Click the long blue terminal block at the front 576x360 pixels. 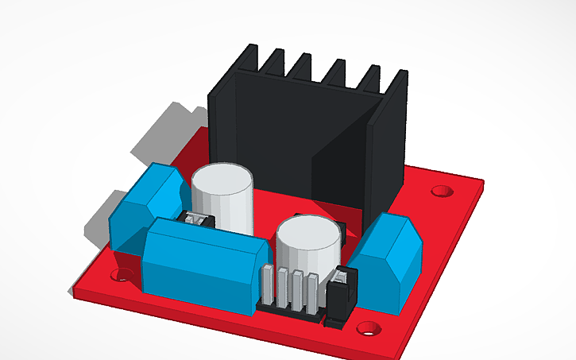point(203,258)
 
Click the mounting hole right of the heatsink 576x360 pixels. point(441,191)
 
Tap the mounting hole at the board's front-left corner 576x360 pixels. point(121,275)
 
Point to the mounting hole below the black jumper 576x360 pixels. point(366,327)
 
